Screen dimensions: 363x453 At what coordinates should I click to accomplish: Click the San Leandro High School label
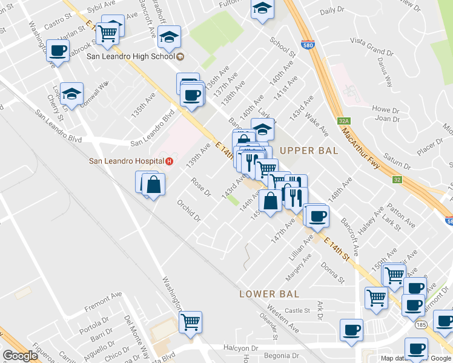click(131, 56)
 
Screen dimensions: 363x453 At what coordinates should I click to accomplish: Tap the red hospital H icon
click(170, 161)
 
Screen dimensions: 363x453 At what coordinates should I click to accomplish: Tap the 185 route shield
click(420, 325)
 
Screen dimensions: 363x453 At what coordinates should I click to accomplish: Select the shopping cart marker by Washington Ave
click(191, 321)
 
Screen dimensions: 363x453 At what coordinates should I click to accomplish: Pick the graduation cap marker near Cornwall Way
click(72, 94)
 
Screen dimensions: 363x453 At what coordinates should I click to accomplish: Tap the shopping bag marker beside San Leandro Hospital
click(154, 184)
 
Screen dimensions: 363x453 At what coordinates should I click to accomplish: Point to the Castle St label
click(297, 310)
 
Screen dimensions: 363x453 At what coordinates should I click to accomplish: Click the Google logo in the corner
click(21, 356)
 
